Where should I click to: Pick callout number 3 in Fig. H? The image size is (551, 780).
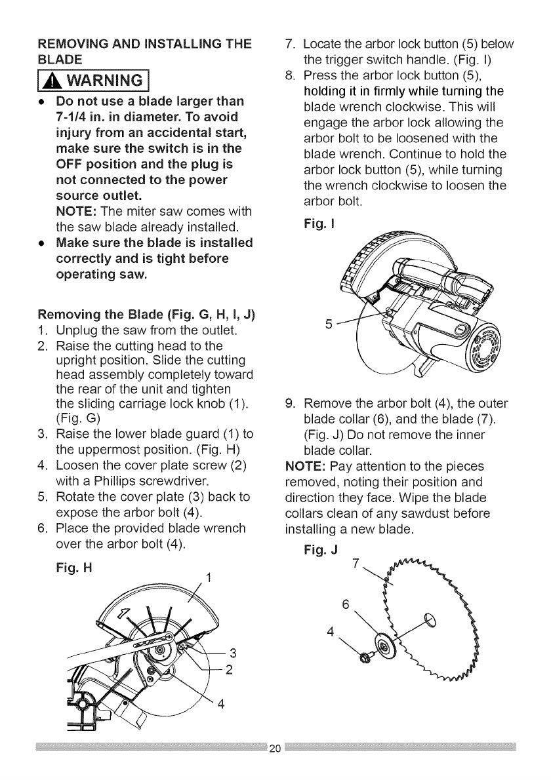click(x=234, y=652)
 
